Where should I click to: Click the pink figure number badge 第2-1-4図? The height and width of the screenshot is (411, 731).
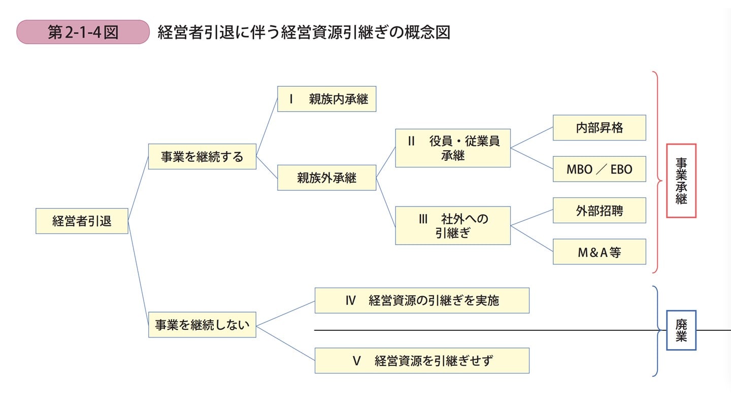point(83,32)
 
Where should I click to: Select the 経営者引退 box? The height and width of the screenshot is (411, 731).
point(82,221)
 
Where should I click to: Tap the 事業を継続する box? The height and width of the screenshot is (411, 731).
point(202,156)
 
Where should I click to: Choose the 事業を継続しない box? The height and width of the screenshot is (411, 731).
point(202,325)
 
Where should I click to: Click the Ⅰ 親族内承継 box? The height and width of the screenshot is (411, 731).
point(326,99)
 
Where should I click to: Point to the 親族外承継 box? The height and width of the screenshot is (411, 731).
point(326,178)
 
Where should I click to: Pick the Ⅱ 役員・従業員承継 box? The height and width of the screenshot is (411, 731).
point(453,148)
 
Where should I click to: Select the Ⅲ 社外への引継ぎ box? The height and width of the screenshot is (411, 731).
point(453,225)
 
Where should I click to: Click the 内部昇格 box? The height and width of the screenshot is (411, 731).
point(599,127)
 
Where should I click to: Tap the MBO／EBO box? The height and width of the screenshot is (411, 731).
point(599,169)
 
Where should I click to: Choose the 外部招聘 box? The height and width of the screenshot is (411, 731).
point(599,211)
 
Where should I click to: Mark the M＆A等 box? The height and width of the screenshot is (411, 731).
point(599,252)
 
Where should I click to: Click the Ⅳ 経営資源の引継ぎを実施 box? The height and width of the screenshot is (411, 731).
point(422,300)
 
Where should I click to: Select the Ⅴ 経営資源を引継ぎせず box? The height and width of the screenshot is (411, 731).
point(422,361)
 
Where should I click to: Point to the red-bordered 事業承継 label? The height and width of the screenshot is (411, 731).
point(681,181)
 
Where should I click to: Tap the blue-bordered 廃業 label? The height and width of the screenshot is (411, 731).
point(681,330)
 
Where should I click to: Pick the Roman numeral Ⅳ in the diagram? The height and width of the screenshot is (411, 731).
point(350,300)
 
